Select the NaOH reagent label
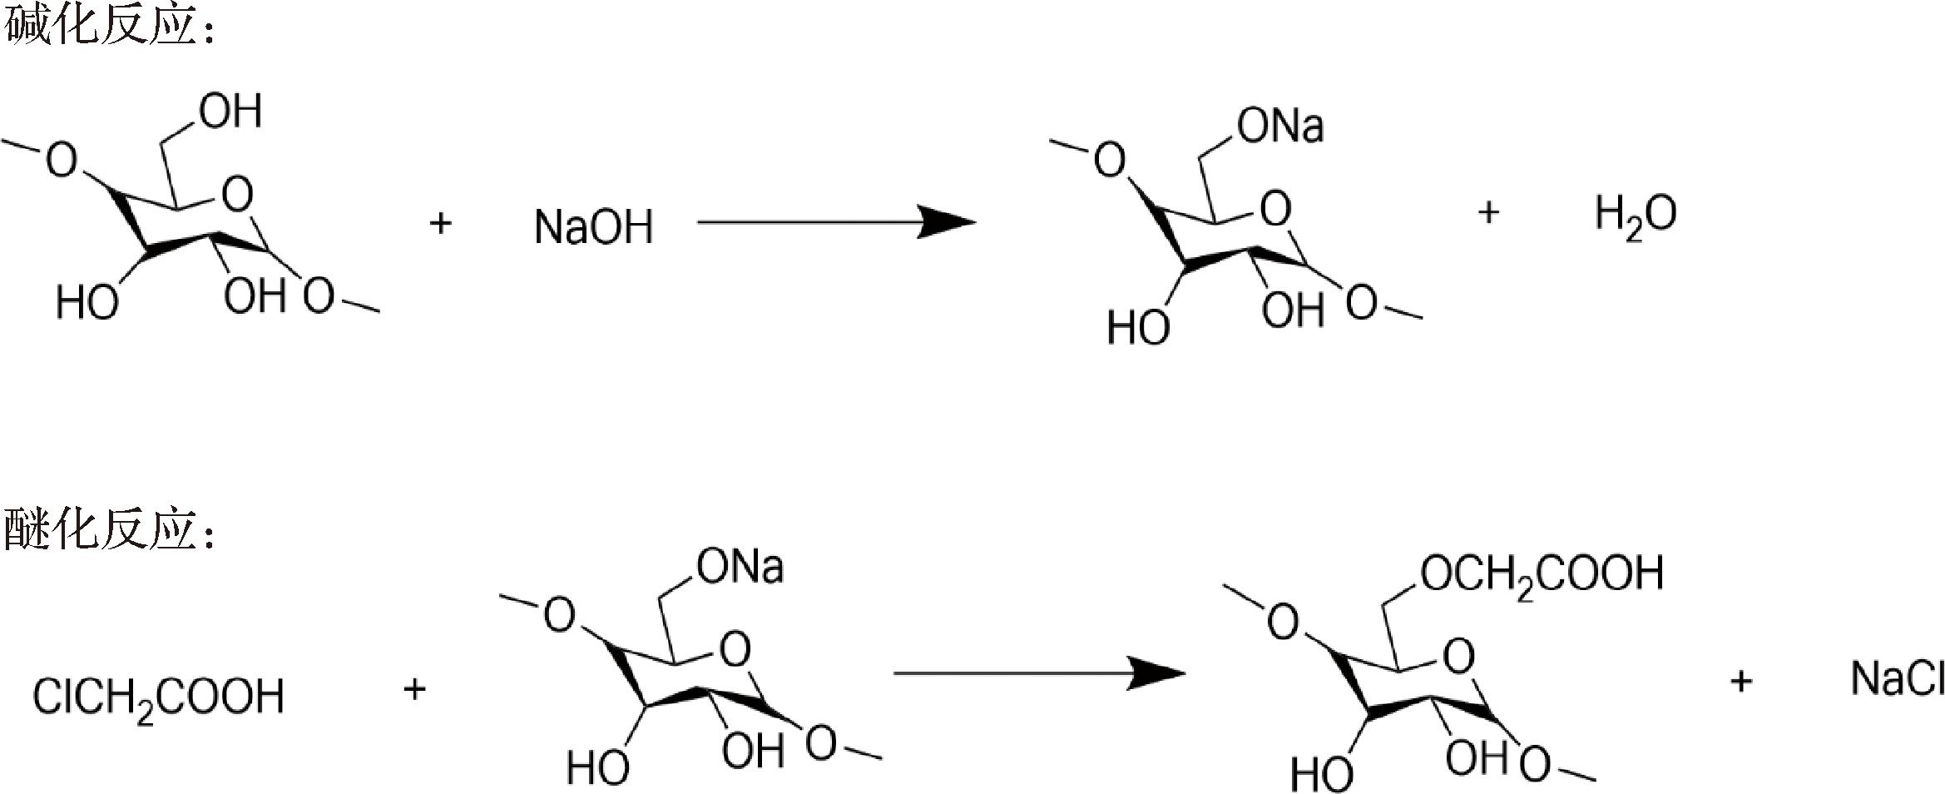[x=593, y=227]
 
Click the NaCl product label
[x=1897, y=679]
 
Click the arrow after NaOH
[x=835, y=222]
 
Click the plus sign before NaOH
[x=440, y=223]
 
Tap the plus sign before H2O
[x=1488, y=213]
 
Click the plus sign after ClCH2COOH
[x=414, y=689]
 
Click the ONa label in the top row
[x=1280, y=127]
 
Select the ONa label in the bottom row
[x=740, y=568]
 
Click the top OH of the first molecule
[x=231, y=112]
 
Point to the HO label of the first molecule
[x=87, y=302]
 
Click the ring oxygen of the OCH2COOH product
[x=1458, y=657]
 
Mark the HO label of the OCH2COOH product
[x=1322, y=776]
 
